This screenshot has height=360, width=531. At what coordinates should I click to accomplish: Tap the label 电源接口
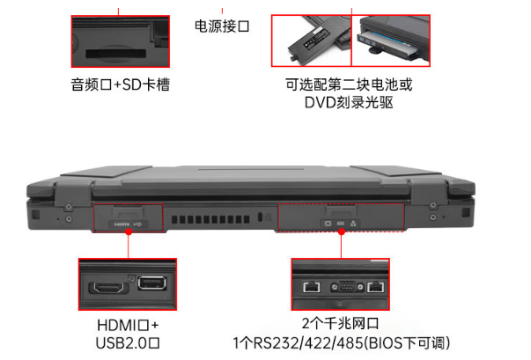[222, 27]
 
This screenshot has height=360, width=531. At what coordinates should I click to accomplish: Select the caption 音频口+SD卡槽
[121, 85]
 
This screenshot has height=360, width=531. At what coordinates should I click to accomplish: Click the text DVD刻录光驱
[349, 103]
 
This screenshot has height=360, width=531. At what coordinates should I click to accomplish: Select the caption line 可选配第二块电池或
[349, 85]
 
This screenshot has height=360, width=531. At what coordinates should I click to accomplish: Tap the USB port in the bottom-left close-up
[151, 285]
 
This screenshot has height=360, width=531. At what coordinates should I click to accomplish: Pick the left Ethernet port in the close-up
[311, 287]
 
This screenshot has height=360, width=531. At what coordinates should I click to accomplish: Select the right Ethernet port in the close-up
[377, 287]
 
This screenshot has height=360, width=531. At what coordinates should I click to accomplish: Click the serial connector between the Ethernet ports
[343, 286]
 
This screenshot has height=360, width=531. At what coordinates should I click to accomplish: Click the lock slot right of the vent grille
[262, 219]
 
